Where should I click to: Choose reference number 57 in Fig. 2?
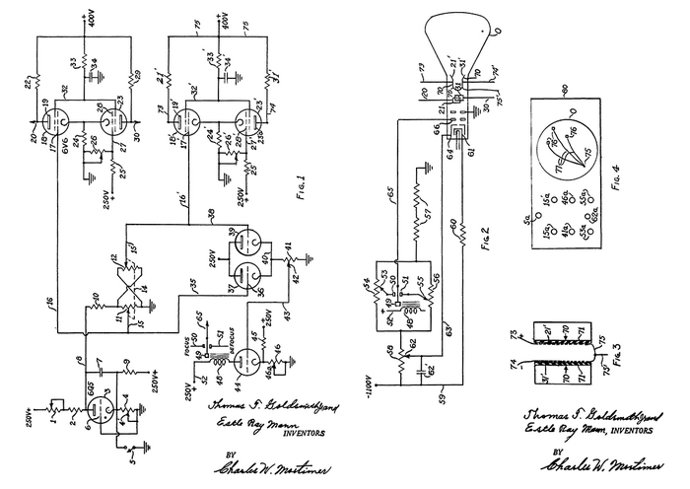click(427, 209)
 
